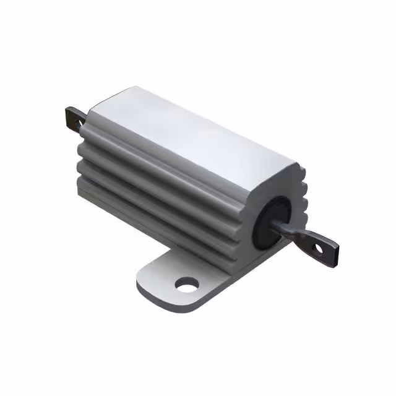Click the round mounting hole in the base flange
[187, 285]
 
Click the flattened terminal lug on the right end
[322, 246]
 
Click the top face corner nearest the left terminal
[93, 111]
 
